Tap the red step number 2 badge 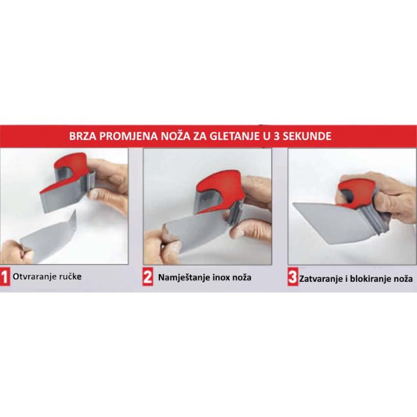[148, 277]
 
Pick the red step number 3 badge [293, 278]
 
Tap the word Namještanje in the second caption [184, 278]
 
